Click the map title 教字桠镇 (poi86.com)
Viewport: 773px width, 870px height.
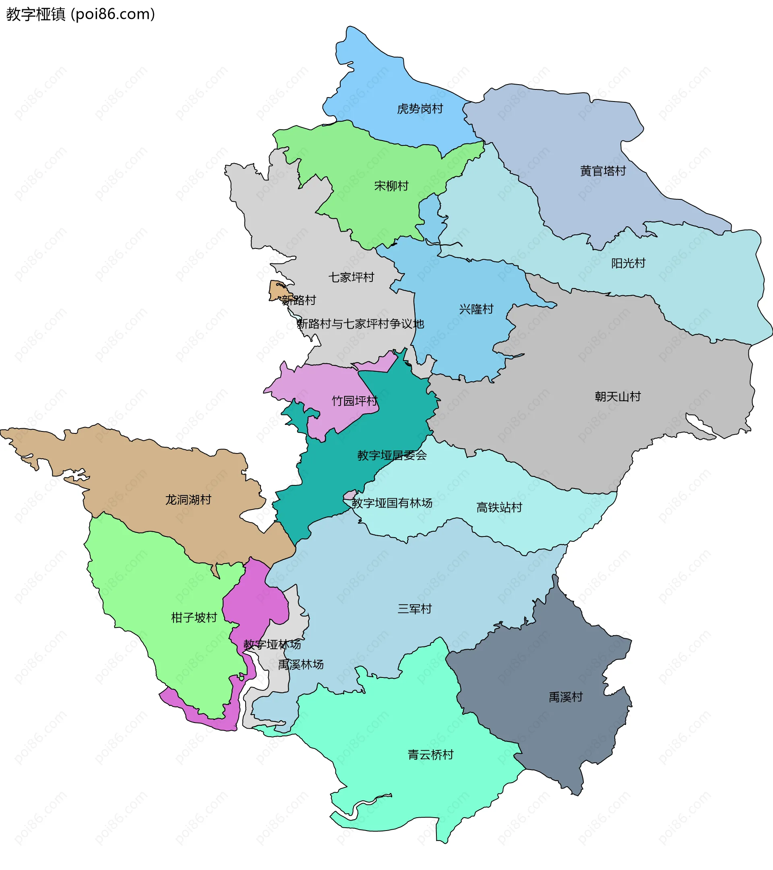(81, 14)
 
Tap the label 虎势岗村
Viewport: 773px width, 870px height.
(420, 109)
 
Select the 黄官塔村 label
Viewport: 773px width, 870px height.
(603, 171)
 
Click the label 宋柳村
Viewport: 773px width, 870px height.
(391, 186)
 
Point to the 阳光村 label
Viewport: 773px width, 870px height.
(628, 263)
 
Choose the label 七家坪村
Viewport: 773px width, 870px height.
(351, 278)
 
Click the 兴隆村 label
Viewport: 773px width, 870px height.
(476, 309)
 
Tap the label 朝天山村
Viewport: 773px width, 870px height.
(617, 397)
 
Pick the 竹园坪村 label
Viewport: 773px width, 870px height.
(354, 401)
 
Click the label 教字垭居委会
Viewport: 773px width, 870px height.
(392, 456)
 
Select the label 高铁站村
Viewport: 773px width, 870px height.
(498, 507)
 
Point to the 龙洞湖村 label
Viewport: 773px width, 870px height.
(188, 500)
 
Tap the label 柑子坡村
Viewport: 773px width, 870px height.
(194, 617)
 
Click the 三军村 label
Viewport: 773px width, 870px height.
(414, 609)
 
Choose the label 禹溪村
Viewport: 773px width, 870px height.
(565, 697)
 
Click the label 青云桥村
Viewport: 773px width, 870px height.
(430, 755)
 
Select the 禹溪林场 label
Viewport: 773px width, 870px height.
(301, 665)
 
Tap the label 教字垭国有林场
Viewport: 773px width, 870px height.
(392, 503)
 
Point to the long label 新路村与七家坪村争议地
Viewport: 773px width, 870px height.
(360, 324)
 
